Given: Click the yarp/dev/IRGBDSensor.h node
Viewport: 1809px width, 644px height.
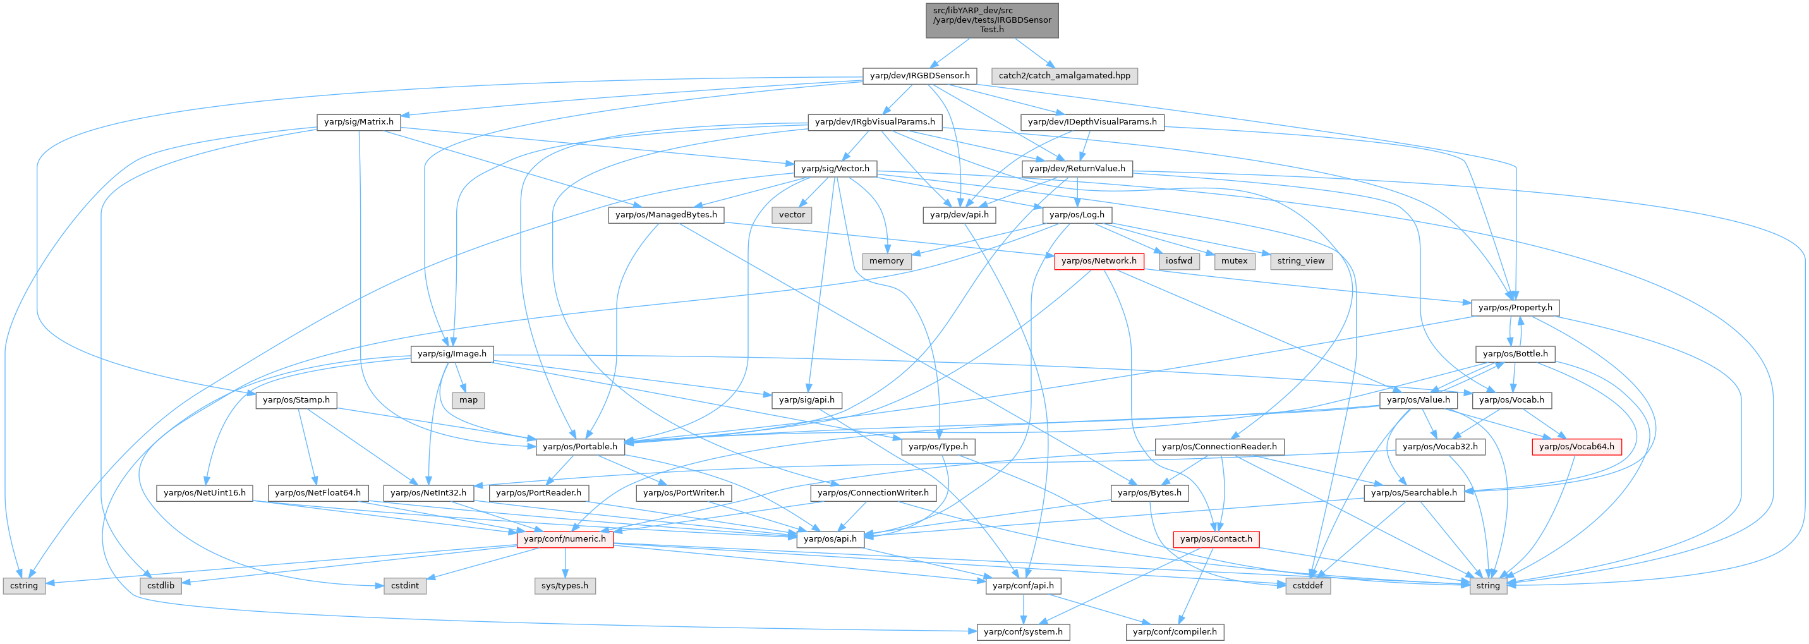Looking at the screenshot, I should pos(919,76).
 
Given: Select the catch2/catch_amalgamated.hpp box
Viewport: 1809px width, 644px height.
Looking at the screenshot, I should pos(1064,76).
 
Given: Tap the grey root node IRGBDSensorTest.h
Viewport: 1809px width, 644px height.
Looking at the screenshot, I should pos(991,20).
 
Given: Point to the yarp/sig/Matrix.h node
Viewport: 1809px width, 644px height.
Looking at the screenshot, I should pos(358,122).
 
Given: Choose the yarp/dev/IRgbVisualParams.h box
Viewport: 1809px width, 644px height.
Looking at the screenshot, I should pos(874,122).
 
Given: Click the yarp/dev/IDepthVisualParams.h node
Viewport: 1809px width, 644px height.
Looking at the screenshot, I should pos(1092,122).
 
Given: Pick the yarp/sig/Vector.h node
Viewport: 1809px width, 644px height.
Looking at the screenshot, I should pos(835,169).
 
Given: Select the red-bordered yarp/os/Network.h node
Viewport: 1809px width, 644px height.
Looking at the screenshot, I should pos(1098,261).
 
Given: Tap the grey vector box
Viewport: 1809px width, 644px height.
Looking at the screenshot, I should pos(792,215).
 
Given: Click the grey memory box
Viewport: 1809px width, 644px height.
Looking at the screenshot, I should pos(886,261).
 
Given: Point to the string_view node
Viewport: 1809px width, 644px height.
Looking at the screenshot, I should pos(1300,261).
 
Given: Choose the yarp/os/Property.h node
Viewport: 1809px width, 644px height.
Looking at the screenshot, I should pos(1515,308).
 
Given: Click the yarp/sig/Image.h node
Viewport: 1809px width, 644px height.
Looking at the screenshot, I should pos(452,354).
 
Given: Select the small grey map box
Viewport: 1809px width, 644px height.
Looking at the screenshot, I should pos(468,400).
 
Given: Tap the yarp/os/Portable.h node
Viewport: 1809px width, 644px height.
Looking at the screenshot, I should pos(579,447).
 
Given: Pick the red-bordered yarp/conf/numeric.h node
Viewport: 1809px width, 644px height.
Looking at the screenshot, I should pos(565,539).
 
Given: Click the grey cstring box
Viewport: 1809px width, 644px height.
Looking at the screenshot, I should pos(24,586).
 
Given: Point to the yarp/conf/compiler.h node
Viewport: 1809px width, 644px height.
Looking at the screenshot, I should pos(1174,632).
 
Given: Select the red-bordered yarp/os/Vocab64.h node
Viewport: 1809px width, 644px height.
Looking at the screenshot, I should pos(1576,447).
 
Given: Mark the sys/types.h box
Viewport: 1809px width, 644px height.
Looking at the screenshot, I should pos(565,586).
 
